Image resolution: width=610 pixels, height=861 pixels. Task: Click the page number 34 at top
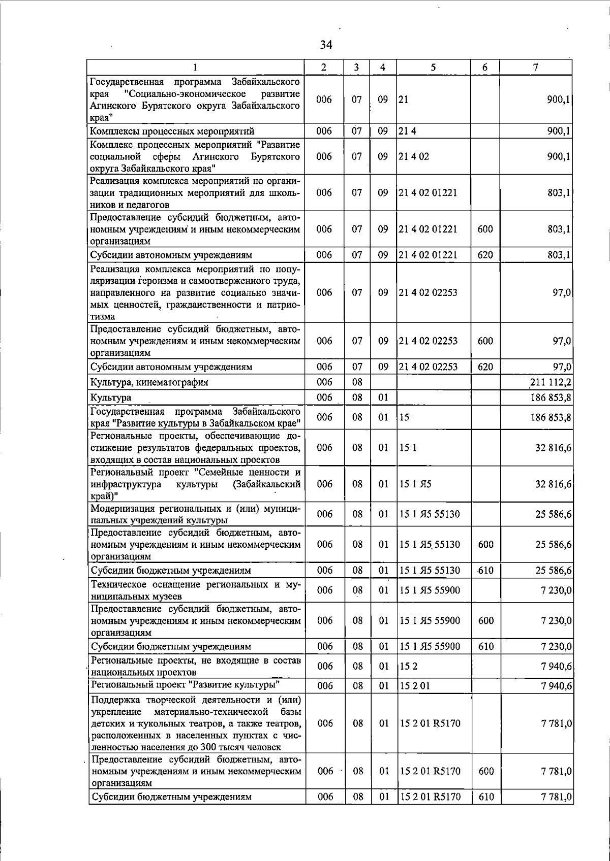point(326,45)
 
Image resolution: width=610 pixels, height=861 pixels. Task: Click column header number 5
point(433,67)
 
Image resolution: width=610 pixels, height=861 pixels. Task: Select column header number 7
point(536,67)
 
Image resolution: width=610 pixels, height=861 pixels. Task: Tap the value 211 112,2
point(551,382)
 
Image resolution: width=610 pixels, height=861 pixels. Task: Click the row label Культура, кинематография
point(149,382)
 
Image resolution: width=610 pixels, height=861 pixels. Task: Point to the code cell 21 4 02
point(414,156)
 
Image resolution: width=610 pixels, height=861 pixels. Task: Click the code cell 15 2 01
point(415,686)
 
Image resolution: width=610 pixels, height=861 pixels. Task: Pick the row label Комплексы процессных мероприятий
point(172,131)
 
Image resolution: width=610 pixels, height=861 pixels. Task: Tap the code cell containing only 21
point(403,100)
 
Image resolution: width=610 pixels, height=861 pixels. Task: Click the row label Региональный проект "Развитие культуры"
point(186,685)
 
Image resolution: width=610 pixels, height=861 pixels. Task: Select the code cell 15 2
point(409,666)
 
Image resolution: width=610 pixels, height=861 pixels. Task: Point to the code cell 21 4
point(408,131)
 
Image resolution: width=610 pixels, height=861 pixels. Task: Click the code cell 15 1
point(408,447)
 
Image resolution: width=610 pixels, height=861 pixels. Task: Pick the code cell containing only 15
point(404,417)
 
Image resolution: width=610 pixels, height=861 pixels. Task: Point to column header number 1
point(195,67)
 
